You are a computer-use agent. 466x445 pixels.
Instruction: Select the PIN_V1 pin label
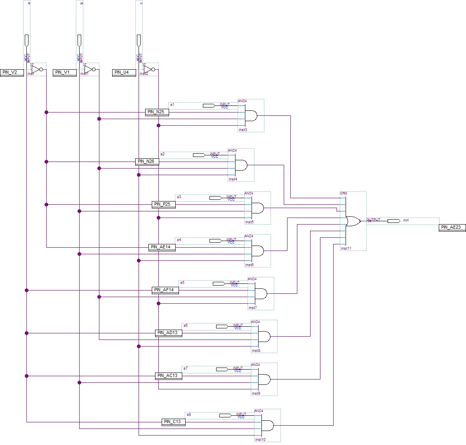tap(65, 73)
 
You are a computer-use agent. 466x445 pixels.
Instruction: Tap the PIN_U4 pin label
tap(124, 73)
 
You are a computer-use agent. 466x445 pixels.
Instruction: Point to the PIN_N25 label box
tap(157, 112)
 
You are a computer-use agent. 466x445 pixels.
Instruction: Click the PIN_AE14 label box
tap(162, 247)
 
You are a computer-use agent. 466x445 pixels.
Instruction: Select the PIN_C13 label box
tap(174, 422)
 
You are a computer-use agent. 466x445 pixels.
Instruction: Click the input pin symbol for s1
tap(209, 106)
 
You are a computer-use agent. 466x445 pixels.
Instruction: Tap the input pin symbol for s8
tap(225, 415)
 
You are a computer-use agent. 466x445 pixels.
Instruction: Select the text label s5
tap(182, 282)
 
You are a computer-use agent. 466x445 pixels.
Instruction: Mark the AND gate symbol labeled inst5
tap(257, 208)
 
